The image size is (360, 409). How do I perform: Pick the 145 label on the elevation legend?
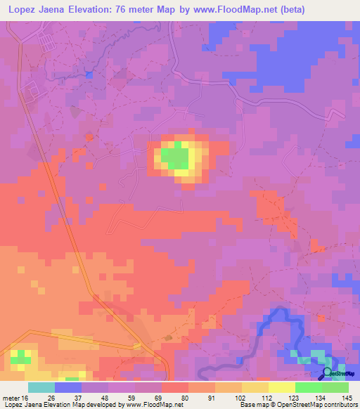tap(348, 398)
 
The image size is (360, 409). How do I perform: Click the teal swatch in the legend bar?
tap(41, 387)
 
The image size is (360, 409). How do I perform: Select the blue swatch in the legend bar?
tap(68, 387)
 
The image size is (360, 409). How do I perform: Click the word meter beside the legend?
tap(11, 398)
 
